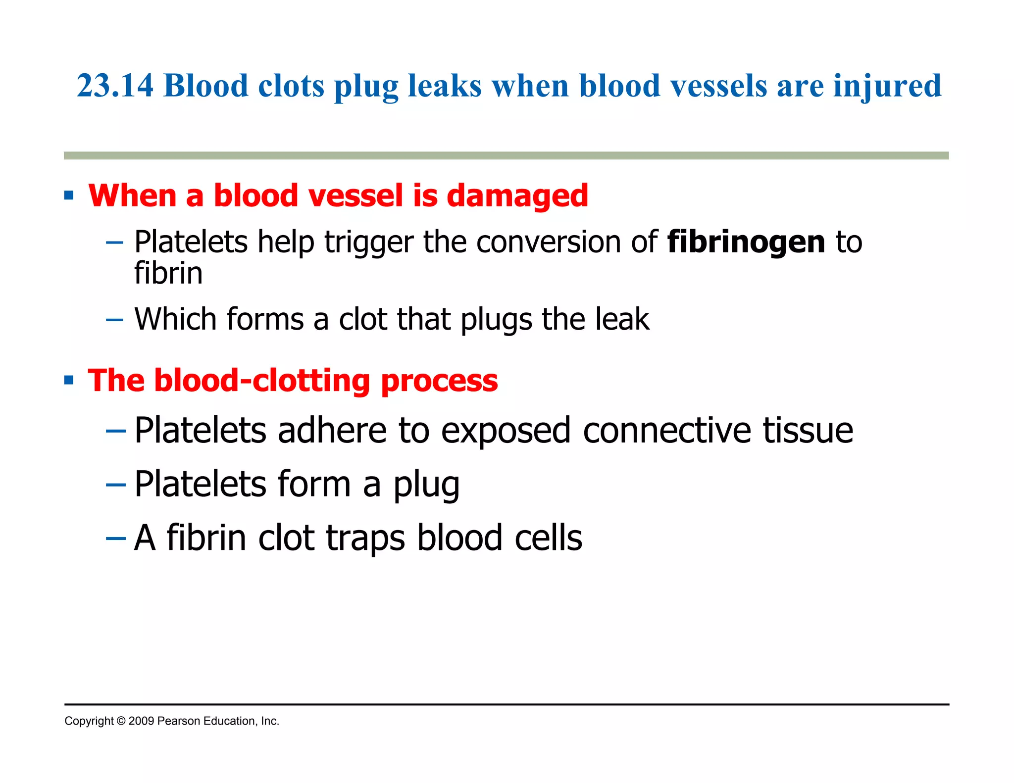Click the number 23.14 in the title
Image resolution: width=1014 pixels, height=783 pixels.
[x=115, y=86]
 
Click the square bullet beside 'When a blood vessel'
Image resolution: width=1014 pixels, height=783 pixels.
[x=69, y=196]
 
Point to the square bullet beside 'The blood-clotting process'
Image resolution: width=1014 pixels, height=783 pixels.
[x=69, y=381]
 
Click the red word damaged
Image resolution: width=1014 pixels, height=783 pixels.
[x=517, y=196]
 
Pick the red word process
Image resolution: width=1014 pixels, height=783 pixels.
[x=439, y=381]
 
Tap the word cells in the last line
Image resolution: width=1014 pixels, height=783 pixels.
[x=548, y=538]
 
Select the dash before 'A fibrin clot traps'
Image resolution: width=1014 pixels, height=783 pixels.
[x=115, y=538]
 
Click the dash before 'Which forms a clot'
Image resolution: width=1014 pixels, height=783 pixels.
[x=114, y=320]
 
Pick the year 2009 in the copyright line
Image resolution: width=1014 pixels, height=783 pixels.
[x=141, y=721]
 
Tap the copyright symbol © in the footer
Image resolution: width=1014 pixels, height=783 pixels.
[x=121, y=721]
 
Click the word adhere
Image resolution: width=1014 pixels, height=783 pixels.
[x=332, y=430]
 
